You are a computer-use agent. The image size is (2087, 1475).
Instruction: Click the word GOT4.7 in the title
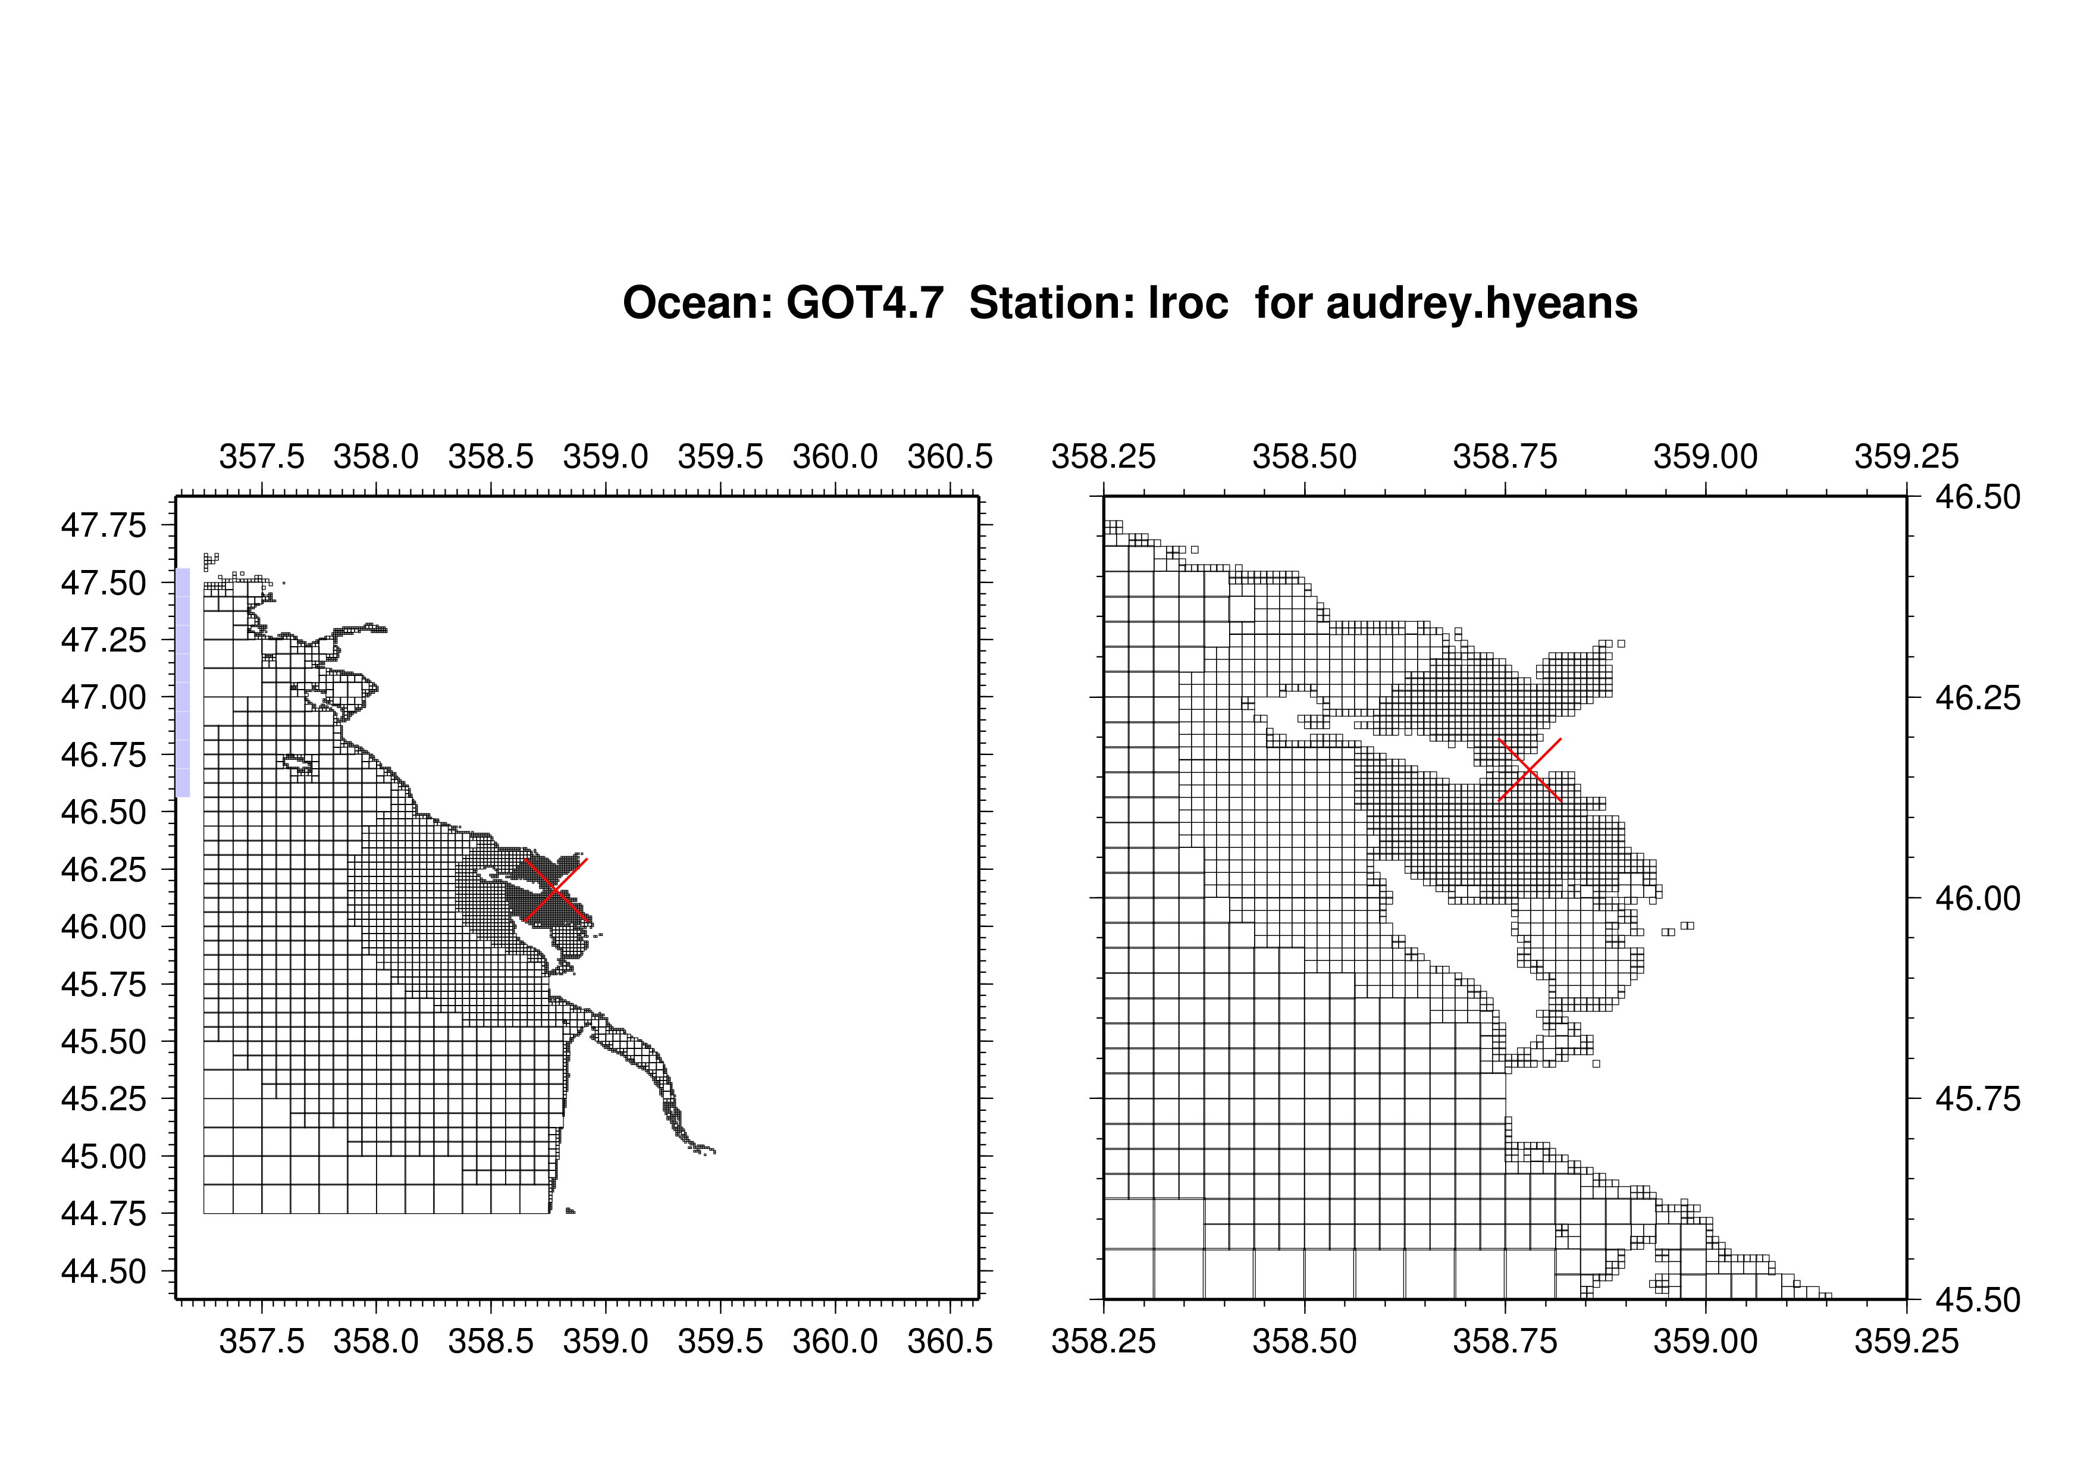point(866,303)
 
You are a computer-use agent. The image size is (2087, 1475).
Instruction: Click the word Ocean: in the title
point(698,303)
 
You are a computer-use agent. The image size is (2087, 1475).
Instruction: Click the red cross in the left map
point(556,890)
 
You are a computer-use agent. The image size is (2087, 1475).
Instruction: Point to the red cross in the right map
point(1530,770)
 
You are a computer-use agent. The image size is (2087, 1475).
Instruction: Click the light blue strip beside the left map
point(183,682)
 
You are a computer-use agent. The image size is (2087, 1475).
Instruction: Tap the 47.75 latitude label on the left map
point(104,525)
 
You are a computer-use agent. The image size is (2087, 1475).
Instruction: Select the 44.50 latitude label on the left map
point(104,1272)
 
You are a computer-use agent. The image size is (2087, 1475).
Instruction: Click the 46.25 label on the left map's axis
point(104,870)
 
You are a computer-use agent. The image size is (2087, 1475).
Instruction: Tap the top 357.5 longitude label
point(262,456)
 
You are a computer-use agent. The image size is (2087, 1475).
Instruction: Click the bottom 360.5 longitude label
point(950,1341)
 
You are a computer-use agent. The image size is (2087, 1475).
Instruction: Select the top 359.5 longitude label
point(721,456)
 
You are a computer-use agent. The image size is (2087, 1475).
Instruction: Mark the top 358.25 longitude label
point(1104,456)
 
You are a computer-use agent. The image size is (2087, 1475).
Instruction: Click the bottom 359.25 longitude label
point(1907,1341)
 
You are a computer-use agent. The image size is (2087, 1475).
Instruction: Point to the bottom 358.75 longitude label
point(1505,1341)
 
